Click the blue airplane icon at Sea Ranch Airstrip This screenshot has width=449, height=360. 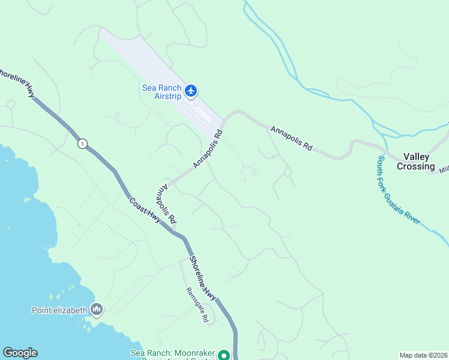click(x=191, y=91)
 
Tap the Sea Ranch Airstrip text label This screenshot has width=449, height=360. click(x=161, y=91)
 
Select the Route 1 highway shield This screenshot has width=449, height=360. click(x=82, y=143)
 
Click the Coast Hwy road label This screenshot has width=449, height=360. click(x=145, y=211)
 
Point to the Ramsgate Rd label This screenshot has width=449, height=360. click(x=196, y=306)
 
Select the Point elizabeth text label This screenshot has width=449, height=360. click(x=59, y=310)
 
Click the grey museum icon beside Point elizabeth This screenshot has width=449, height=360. click(x=97, y=310)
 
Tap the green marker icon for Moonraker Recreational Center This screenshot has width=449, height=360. click(x=223, y=355)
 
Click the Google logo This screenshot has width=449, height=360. click(x=20, y=353)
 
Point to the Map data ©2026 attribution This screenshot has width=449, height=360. click(x=423, y=355)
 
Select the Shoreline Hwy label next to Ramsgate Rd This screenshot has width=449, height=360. click(x=203, y=278)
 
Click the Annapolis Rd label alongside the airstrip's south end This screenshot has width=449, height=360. click(x=208, y=149)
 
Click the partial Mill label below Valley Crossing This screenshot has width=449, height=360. click(x=444, y=170)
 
